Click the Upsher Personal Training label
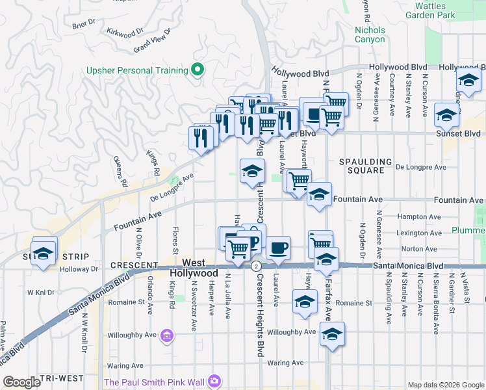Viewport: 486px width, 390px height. (137, 70)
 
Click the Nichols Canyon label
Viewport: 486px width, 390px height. (370, 34)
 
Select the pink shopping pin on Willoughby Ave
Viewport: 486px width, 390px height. (167, 335)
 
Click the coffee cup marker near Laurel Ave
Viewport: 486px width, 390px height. (278, 248)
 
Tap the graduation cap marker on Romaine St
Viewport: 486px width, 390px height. (304, 302)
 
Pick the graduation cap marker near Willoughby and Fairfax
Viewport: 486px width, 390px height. (332, 334)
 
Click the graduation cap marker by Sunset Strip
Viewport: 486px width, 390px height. (44, 253)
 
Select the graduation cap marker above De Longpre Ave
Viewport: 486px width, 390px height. (252, 171)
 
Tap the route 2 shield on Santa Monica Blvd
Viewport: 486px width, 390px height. (257, 266)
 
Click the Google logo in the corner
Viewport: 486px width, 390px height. (22, 382)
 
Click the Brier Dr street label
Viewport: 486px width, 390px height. (84, 25)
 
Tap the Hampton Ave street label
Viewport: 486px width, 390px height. (422, 217)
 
